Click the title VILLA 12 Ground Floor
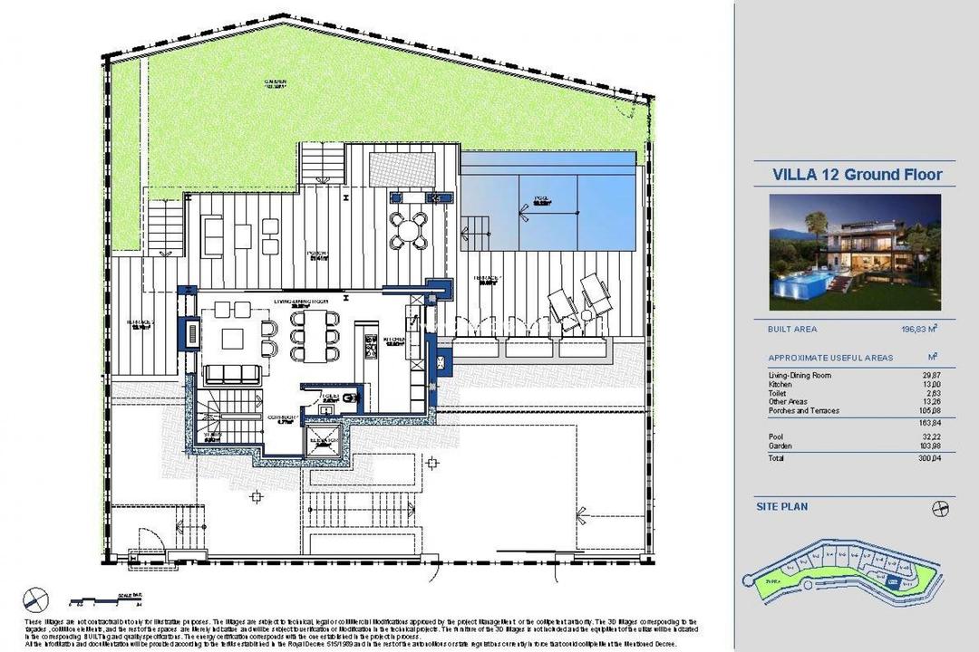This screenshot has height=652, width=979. pyautogui.click(x=857, y=175)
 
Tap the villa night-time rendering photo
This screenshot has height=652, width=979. pyautogui.click(x=855, y=253)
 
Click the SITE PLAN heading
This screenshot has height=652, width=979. pyautogui.click(x=782, y=507)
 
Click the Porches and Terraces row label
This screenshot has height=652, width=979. pyautogui.click(x=804, y=411)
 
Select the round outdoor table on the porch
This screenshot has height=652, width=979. pyautogui.click(x=408, y=230)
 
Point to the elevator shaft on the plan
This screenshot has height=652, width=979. pyautogui.click(x=324, y=444)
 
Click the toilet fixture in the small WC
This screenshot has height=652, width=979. pyautogui.click(x=352, y=398)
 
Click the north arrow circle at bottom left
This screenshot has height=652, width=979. pyautogui.click(x=36, y=598)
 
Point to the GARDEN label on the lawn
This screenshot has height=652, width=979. pyautogui.click(x=276, y=83)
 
